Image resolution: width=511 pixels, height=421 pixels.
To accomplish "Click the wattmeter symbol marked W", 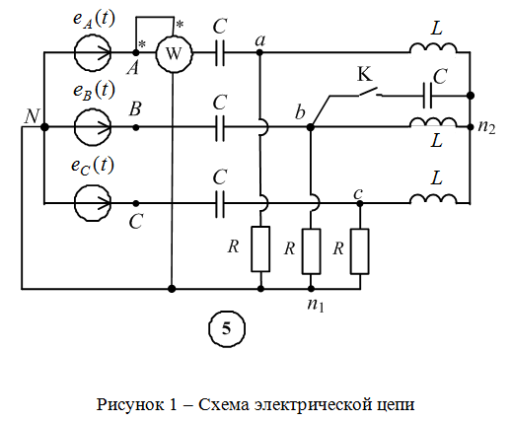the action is pyautogui.click(x=174, y=53).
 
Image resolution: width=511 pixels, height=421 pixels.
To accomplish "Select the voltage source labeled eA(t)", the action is pyautogui.click(x=93, y=52).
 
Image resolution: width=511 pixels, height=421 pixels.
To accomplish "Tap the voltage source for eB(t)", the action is pyautogui.click(x=93, y=127).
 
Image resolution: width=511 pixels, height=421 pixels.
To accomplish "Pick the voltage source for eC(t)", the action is pyautogui.click(x=93, y=203).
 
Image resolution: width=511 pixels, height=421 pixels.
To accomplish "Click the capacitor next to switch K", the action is pyautogui.click(x=427, y=96).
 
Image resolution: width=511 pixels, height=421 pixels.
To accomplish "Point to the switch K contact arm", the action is pyautogui.click(x=368, y=92).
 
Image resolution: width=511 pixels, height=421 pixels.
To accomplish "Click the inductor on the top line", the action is pyautogui.click(x=433, y=48).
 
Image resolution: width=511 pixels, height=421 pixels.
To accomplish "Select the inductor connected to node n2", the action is pyautogui.click(x=433, y=122).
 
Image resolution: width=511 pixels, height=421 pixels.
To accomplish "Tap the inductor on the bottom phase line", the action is pyautogui.click(x=433, y=198).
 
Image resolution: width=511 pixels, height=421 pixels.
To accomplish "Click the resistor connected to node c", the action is pyautogui.click(x=360, y=251).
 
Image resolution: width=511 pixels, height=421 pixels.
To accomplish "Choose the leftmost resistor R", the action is pyautogui.click(x=260, y=249).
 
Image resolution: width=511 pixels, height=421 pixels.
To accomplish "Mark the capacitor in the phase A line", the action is pyautogui.click(x=220, y=52).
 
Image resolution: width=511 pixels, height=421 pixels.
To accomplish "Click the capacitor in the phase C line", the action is pyautogui.click(x=220, y=204).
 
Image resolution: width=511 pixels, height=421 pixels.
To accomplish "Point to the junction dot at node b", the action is pyautogui.click(x=310, y=127).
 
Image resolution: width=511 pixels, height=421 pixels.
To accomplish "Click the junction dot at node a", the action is pyautogui.click(x=259, y=52).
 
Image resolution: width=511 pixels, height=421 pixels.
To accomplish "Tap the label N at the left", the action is pyautogui.click(x=32, y=116).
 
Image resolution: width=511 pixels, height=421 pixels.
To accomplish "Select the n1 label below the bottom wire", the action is pyautogui.click(x=316, y=305).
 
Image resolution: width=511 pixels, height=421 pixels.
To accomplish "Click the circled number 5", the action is pyautogui.click(x=227, y=328).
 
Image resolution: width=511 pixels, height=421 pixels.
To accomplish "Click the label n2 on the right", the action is pyautogui.click(x=486, y=127).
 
